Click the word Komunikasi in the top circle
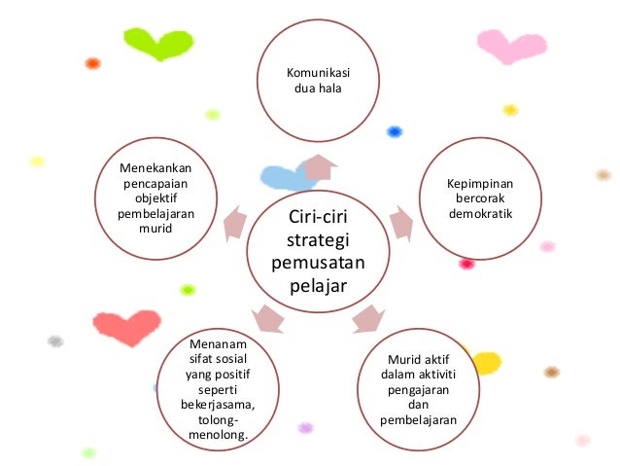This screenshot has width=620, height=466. click(319, 73)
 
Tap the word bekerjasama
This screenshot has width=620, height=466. click(218, 404)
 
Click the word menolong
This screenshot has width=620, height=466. click(218, 434)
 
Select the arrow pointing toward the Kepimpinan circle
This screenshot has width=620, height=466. click(401, 224)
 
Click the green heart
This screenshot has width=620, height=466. click(157, 44)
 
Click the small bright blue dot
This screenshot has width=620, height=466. click(395, 131)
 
